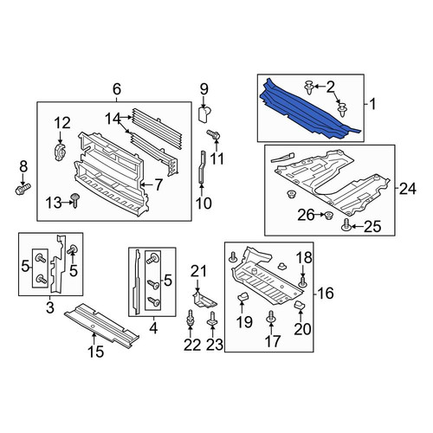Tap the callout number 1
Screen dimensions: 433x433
point(373,104)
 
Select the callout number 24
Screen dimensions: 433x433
point(408,189)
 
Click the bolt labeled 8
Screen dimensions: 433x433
point(23,189)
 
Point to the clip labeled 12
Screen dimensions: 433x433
point(60,152)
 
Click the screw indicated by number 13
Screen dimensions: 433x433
point(75,200)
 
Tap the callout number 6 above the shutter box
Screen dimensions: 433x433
point(117,89)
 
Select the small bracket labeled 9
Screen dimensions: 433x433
point(204,114)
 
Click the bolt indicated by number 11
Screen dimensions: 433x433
point(214,135)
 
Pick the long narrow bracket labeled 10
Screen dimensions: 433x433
point(202,167)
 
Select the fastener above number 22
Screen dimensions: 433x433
point(191,318)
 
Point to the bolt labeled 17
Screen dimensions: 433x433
point(271,316)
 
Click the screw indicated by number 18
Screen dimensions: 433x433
point(302,281)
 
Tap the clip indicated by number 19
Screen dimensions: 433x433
point(242,296)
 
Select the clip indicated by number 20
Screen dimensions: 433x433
point(299,305)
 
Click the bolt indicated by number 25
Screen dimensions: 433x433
point(346,225)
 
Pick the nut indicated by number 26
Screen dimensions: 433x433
point(328,215)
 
